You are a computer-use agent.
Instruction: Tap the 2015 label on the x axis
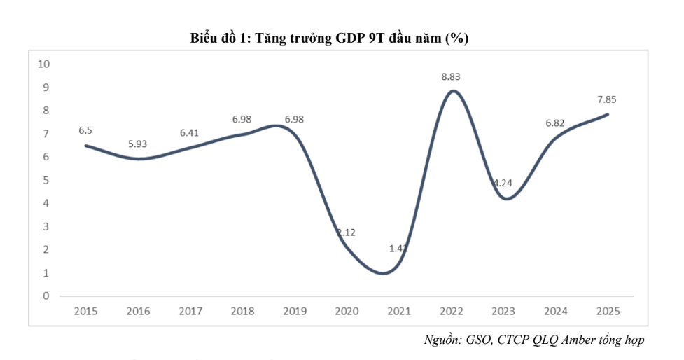[x=86, y=310]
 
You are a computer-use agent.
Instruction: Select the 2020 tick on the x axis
[x=347, y=310]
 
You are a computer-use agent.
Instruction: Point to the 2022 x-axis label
[x=451, y=310]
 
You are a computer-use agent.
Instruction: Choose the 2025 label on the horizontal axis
[x=607, y=310]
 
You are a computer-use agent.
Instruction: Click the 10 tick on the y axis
[x=44, y=64]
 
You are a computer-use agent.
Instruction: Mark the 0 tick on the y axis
[x=46, y=296]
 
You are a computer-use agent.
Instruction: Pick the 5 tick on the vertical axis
[x=46, y=180]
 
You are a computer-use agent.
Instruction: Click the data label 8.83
[x=451, y=76]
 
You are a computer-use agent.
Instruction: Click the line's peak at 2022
[x=453, y=91]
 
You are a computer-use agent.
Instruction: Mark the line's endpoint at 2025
[x=608, y=114]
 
